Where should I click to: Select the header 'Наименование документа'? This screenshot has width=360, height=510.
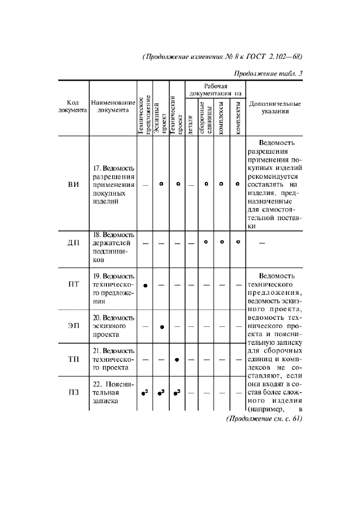pyautogui.click(x=113, y=106)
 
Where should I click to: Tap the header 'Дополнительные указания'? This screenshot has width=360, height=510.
pyautogui.click(x=274, y=106)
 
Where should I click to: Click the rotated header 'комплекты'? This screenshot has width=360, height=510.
pyautogui.click(x=238, y=118)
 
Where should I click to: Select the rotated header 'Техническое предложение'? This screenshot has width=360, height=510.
pyautogui.click(x=144, y=114)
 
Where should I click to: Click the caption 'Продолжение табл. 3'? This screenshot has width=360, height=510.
pyautogui.click(x=268, y=74)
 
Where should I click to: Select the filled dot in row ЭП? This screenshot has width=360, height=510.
pyautogui.click(x=162, y=326)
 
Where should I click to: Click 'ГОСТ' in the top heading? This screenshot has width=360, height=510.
pyautogui.click(x=250, y=57)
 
